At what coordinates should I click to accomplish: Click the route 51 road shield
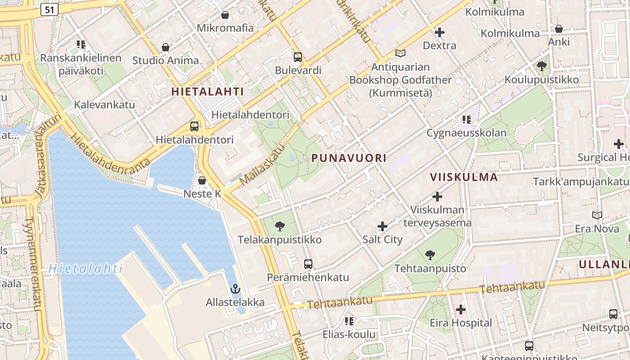click(49, 9)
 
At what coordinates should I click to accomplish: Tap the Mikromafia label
click(225, 28)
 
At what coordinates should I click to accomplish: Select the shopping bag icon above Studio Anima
click(166, 47)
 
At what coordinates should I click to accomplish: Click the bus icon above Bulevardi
click(297, 57)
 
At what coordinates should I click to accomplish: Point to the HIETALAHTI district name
click(207, 91)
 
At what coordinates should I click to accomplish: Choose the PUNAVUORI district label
click(349, 158)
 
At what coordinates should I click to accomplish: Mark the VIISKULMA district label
click(463, 177)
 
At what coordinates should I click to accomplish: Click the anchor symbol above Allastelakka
click(235, 289)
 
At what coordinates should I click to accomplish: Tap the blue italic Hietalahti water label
click(85, 269)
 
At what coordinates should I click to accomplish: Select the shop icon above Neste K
click(202, 180)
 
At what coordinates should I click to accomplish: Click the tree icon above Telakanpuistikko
click(280, 226)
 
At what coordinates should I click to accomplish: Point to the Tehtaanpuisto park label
click(430, 269)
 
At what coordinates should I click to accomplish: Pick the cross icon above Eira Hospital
click(461, 310)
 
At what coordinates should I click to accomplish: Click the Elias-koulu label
click(349, 334)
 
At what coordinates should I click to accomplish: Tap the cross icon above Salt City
click(382, 226)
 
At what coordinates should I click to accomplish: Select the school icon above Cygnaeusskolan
click(466, 120)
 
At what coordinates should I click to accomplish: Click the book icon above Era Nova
click(597, 216)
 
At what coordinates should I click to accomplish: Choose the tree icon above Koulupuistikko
click(541, 66)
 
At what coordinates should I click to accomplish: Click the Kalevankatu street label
click(104, 105)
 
